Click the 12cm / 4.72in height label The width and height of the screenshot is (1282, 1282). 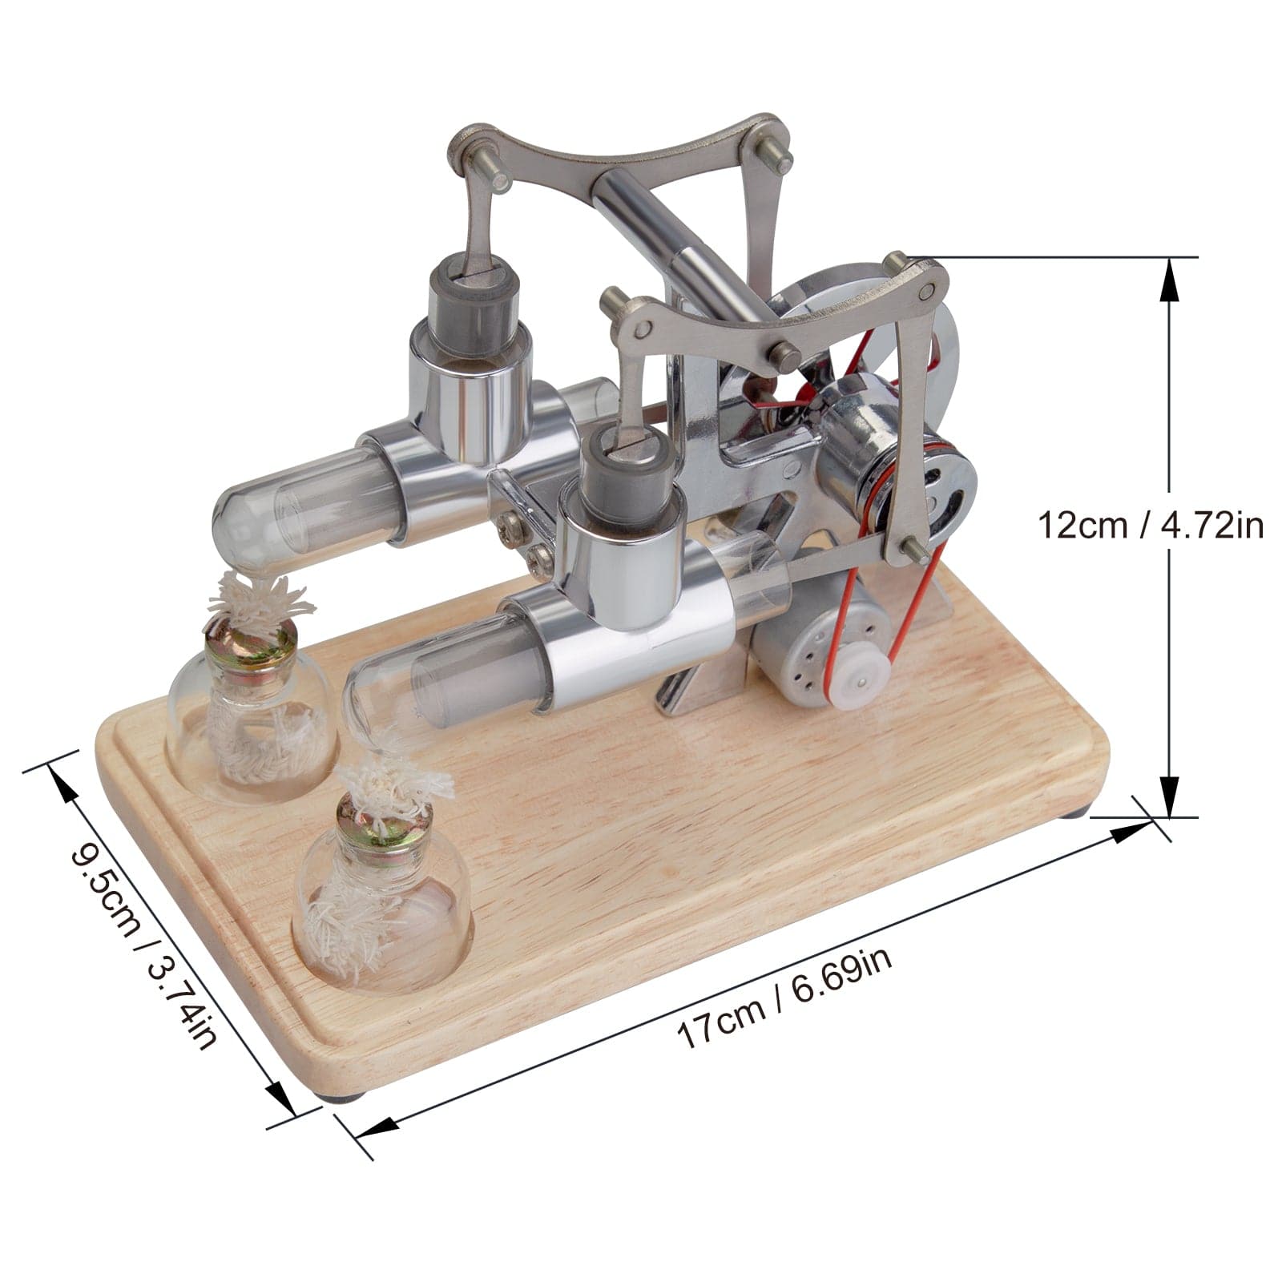(1151, 527)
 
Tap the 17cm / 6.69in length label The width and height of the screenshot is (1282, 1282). (784, 996)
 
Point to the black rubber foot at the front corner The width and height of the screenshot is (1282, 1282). (349, 1099)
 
